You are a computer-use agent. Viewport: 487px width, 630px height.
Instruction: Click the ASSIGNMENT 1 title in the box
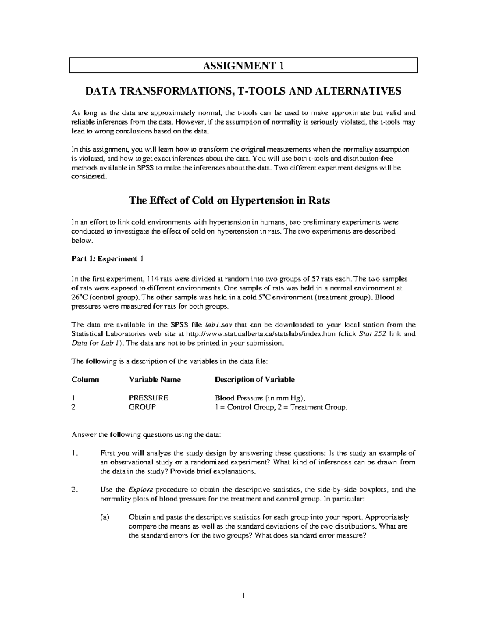click(243, 66)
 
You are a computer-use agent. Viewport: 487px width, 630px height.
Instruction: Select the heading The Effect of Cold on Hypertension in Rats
click(229, 200)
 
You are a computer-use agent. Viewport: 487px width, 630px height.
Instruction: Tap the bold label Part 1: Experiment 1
click(107, 259)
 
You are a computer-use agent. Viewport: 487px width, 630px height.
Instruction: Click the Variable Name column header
click(155, 380)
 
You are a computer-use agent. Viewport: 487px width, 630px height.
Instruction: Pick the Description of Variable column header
click(254, 380)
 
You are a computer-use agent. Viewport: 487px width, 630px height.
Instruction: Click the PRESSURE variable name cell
click(148, 398)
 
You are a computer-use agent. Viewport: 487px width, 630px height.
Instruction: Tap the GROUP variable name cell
click(142, 407)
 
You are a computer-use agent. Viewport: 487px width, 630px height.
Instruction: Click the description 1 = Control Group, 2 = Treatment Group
click(281, 407)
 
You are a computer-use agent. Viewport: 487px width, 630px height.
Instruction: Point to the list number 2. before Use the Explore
click(74, 490)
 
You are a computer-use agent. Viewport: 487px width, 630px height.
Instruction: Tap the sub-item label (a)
click(105, 517)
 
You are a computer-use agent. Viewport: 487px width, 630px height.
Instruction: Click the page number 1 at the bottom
click(243, 596)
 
